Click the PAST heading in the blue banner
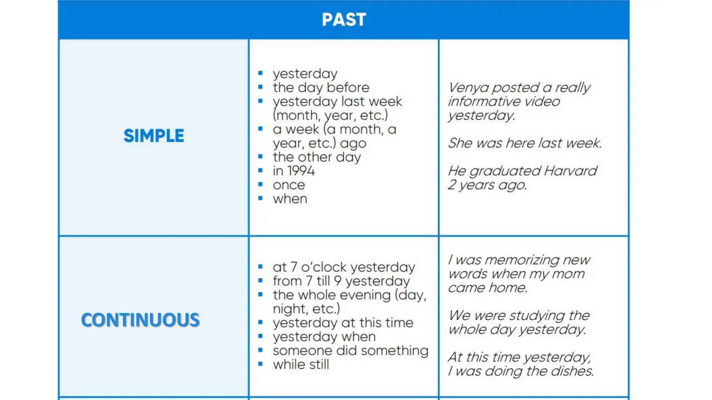[344, 19]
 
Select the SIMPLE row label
[154, 136]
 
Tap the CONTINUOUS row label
[140, 320]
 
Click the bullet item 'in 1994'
[294, 171]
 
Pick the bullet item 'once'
[289, 185]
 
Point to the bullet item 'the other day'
[317, 157]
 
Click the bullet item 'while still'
[301, 365]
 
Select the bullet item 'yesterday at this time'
[343, 323]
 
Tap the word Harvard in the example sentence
[571, 171]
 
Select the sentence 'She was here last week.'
[525, 143]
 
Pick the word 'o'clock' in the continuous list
[324, 267]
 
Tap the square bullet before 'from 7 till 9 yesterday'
[260, 281]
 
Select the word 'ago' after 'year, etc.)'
[353, 143]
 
